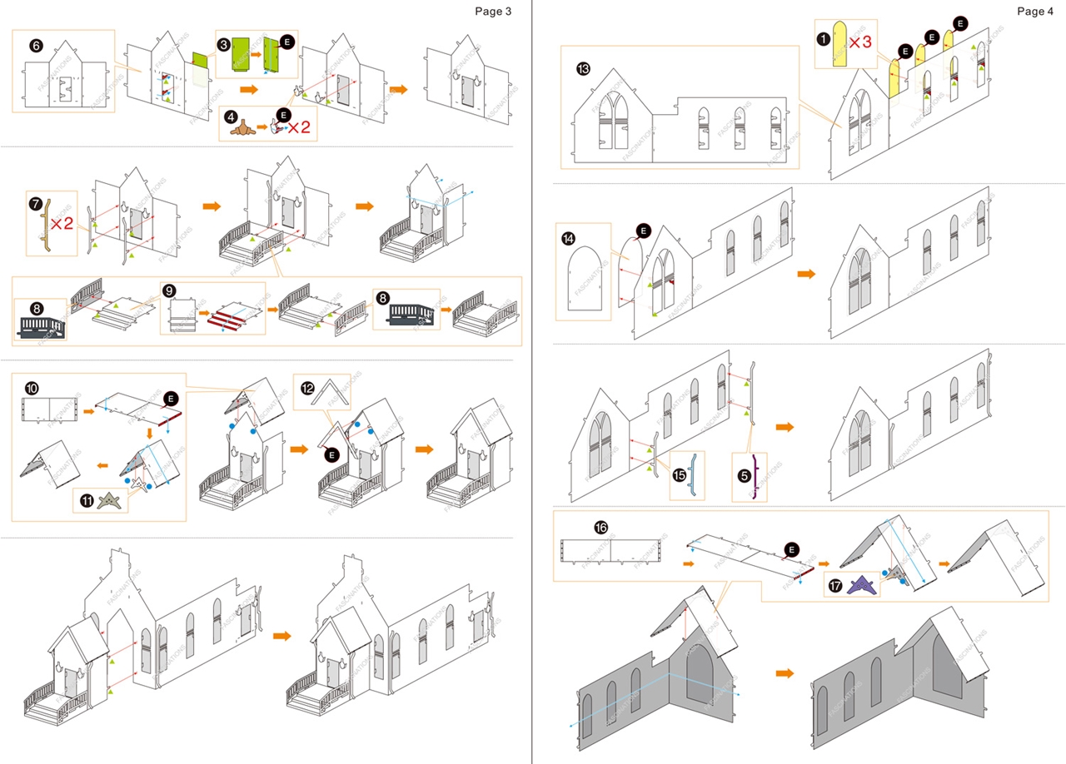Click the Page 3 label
tap(493, 11)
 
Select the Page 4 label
tap(1035, 11)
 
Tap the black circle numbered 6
tap(36, 46)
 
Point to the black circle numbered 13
tap(583, 69)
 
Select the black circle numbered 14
tap(569, 238)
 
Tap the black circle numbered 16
tap(601, 528)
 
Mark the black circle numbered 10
tap(32, 389)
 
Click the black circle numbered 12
tap(306, 389)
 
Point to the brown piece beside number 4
tap(242, 128)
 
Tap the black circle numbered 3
tap(223, 42)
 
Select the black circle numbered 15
tap(679, 475)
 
